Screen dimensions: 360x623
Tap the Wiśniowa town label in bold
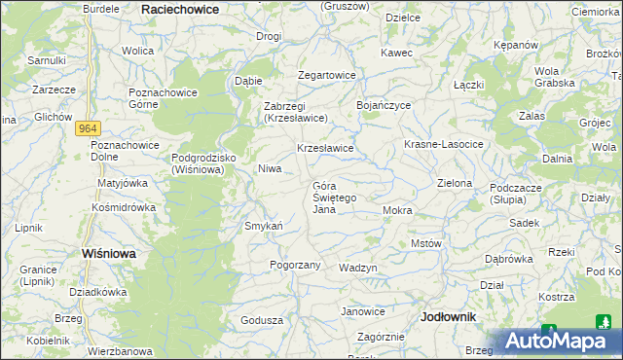[x=108, y=253]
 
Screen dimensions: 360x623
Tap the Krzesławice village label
[x=325, y=148]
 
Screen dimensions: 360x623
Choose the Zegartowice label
[x=327, y=75]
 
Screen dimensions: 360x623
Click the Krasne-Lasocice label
[x=444, y=144]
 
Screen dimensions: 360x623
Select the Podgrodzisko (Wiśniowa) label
[x=199, y=162]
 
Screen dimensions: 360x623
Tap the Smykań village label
[x=263, y=226]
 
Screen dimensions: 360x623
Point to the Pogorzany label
[x=295, y=265]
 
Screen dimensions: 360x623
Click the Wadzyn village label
[x=358, y=268]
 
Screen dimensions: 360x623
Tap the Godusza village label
[x=262, y=320]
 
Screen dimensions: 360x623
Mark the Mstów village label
[x=426, y=243]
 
